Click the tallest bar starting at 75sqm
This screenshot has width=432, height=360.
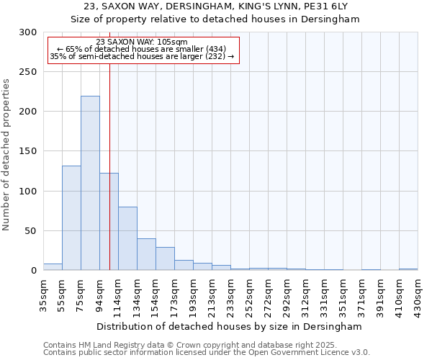(90, 183)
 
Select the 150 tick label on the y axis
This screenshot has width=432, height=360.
(27, 152)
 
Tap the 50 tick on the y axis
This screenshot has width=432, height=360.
(30, 231)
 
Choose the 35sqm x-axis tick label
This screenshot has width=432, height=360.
(44, 294)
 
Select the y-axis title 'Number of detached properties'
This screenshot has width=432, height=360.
(6, 155)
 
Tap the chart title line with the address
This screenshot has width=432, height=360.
(216, 6)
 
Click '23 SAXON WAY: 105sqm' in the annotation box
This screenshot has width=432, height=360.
(141, 42)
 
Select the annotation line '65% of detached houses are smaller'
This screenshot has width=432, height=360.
(141, 49)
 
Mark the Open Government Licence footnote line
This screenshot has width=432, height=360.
(207, 353)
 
